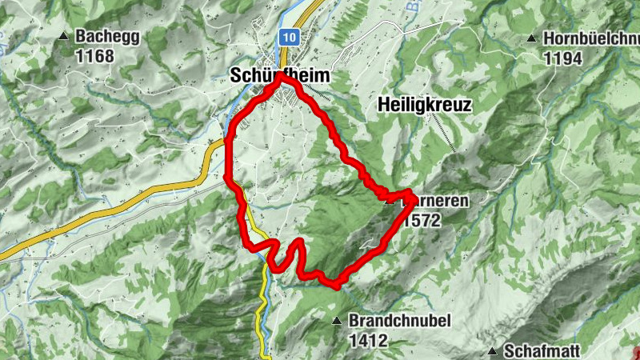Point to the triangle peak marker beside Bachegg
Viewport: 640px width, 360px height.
tap(64, 36)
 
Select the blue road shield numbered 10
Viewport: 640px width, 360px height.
tap(290, 37)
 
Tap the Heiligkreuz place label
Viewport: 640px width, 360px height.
tap(424, 105)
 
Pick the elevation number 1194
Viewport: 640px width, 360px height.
tap(565, 58)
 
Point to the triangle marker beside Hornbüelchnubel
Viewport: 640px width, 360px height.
tap(531, 38)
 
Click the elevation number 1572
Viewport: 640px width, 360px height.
tap(422, 221)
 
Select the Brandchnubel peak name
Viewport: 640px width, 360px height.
tap(400, 321)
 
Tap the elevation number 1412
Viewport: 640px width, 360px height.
tap(368, 340)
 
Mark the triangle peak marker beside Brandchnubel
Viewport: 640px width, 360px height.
tap(337, 321)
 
